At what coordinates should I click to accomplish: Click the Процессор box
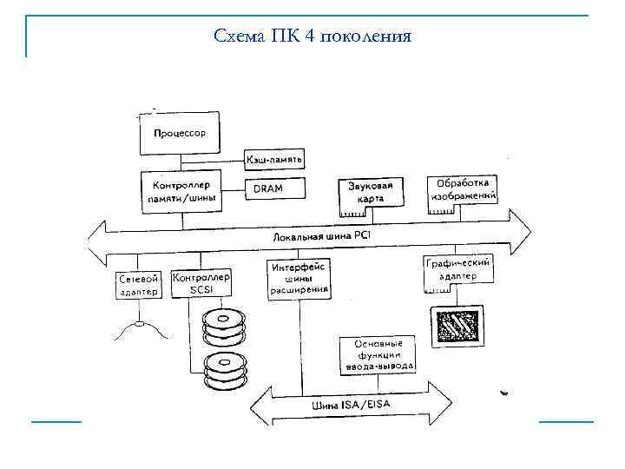(180, 135)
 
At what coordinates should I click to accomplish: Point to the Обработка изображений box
(464, 190)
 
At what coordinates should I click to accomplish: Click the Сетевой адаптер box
(138, 286)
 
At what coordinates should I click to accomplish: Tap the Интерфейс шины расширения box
(299, 278)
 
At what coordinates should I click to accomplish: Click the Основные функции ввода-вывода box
(377, 354)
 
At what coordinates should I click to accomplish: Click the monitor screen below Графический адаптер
(456, 327)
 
